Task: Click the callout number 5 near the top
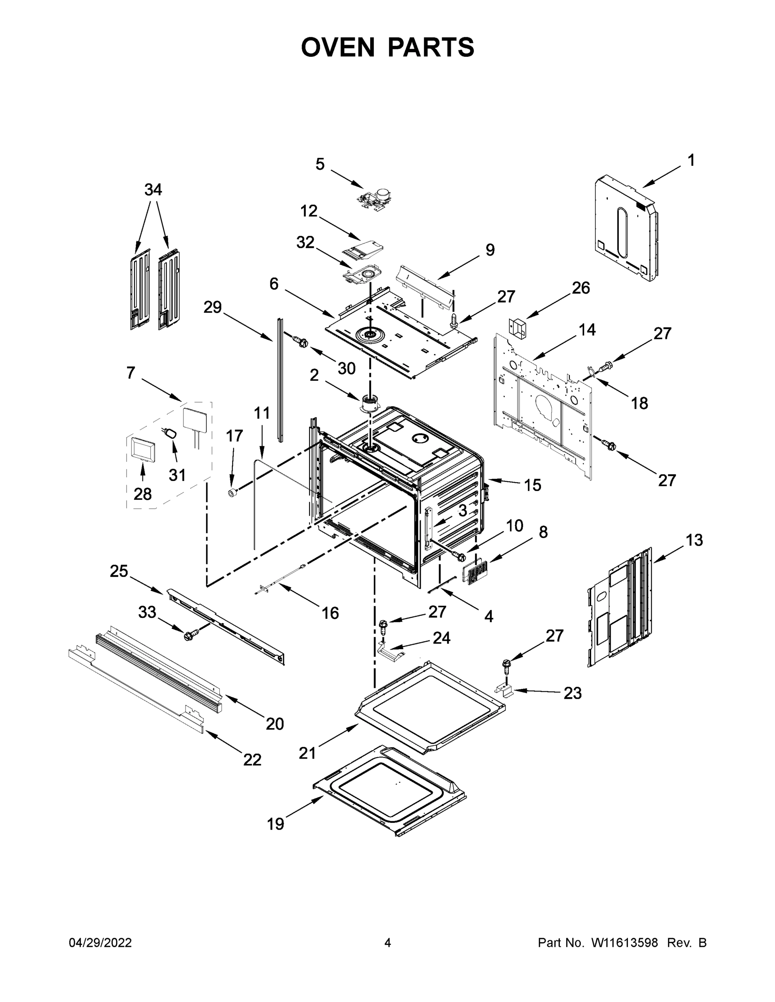(x=320, y=164)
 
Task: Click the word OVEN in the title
(x=338, y=47)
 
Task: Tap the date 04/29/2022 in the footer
(x=100, y=942)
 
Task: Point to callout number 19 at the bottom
(x=275, y=824)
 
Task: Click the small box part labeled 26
(x=517, y=328)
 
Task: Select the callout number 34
(x=153, y=190)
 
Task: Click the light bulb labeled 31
(x=171, y=433)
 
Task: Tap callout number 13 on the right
(x=694, y=540)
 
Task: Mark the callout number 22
(x=252, y=760)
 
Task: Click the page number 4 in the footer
(x=388, y=942)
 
